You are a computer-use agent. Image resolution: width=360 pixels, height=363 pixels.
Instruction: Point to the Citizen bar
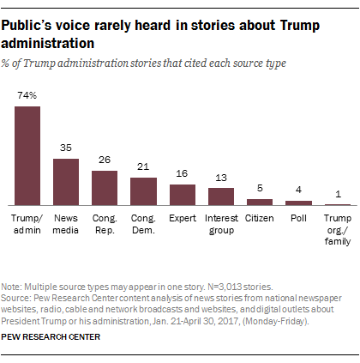pyautogui.click(x=259, y=202)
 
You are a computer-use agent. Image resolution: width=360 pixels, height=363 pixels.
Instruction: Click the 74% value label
pyautogui.click(x=27, y=97)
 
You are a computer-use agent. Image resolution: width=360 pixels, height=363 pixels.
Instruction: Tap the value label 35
pyautogui.click(x=66, y=148)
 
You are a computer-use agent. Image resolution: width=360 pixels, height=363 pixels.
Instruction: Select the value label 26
pyautogui.click(x=105, y=160)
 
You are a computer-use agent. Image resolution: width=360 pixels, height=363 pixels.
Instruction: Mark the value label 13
pyautogui.click(x=220, y=177)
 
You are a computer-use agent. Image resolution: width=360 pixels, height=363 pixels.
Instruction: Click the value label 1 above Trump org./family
pyautogui.click(x=336, y=193)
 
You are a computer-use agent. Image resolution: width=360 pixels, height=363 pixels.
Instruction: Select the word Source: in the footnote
pyautogui.click(x=21, y=295)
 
